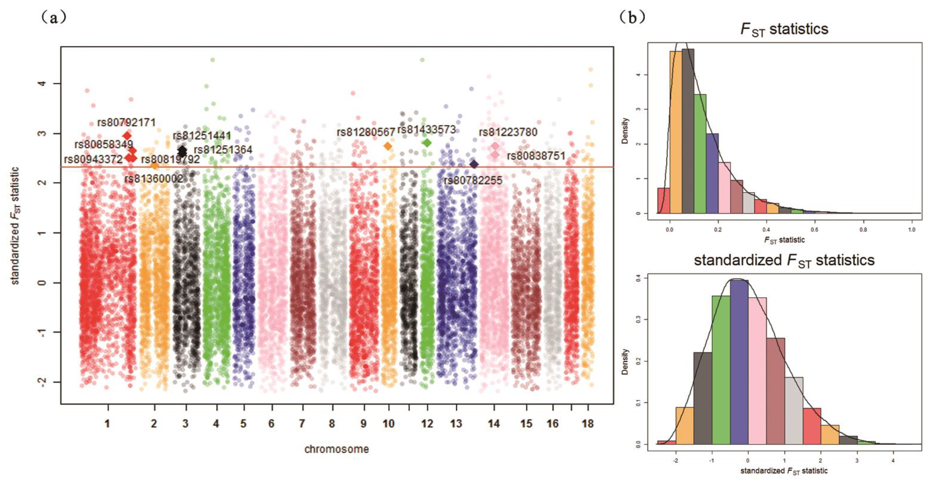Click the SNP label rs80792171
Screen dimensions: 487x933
click(x=126, y=122)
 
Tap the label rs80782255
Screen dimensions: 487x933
click(x=473, y=180)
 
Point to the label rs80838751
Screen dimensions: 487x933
click(x=536, y=156)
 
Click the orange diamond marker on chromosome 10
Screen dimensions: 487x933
click(x=388, y=146)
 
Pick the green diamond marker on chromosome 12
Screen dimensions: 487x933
click(x=427, y=143)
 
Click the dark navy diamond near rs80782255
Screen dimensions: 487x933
click(x=474, y=164)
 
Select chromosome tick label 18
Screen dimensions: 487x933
click(x=587, y=423)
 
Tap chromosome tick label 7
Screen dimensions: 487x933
click(x=302, y=423)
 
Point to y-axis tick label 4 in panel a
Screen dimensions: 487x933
click(x=43, y=84)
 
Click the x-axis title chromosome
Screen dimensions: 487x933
click(x=336, y=449)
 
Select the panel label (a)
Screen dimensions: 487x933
click(x=54, y=17)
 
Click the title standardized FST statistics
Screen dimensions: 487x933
click(x=784, y=261)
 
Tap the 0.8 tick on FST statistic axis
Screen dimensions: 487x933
click(x=863, y=230)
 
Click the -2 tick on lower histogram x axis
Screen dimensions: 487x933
click(x=676, y=461)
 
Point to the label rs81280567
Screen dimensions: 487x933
click(x=366, y=132)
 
